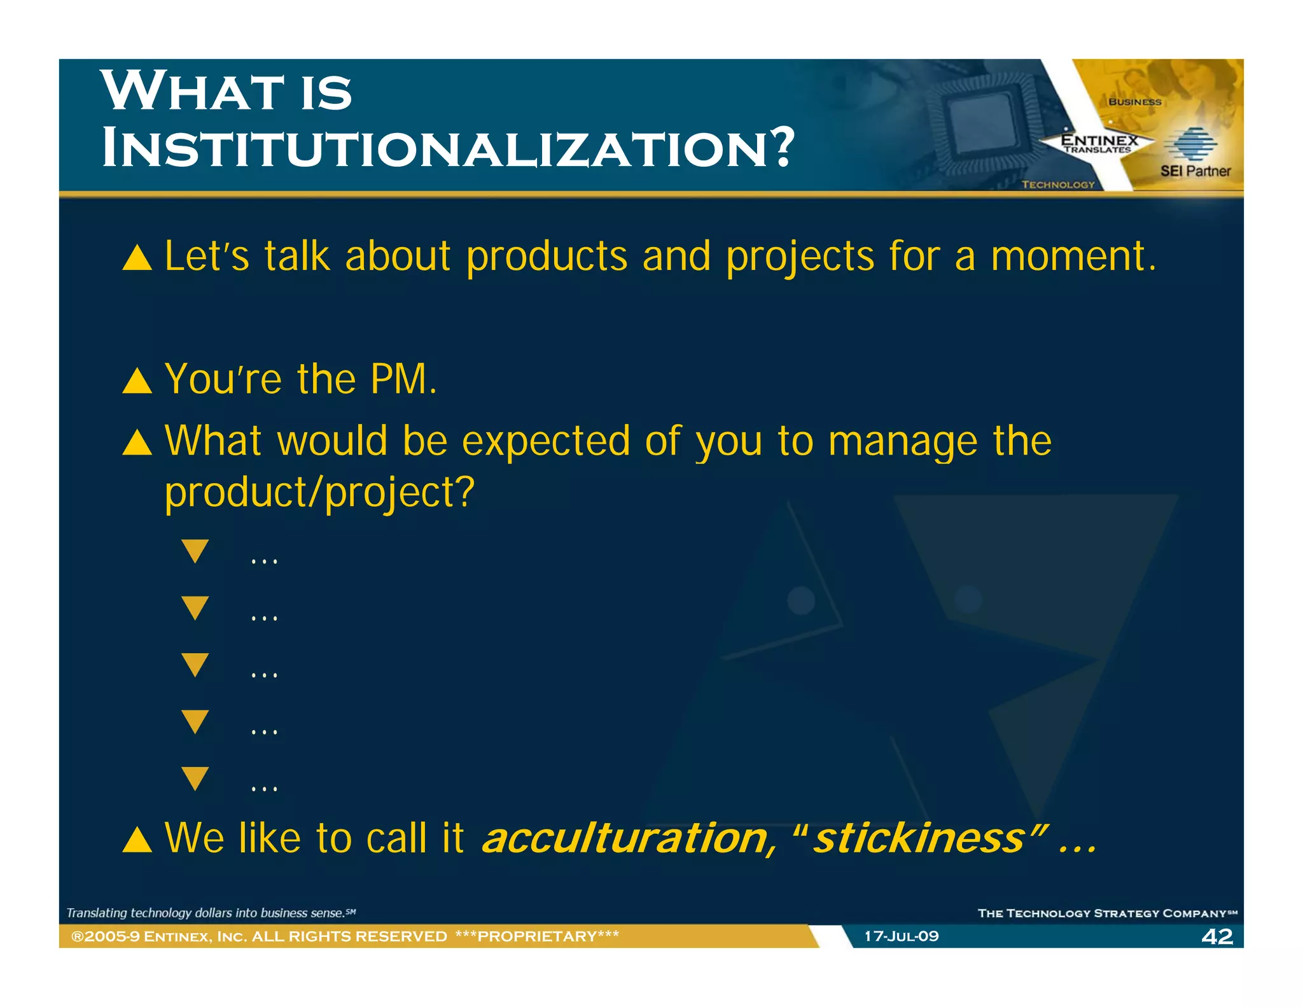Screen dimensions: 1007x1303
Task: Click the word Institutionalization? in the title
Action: pyautogui.click(x=448, y=148)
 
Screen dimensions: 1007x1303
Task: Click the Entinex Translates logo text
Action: pyautogui.click(x=1099, y=143)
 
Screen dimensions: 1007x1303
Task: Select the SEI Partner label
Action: pyautogui.click(x=1195, y=171)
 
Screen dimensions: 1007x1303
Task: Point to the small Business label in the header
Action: pyautogui.click(x=1134, y=102)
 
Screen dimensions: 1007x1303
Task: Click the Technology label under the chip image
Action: pyautogui.click(x=1058, y=185)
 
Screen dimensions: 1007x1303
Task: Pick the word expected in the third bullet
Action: pyautogui.click(x=545, y=442)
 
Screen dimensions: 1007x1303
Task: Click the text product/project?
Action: pyautogui.click(x=319, y=493)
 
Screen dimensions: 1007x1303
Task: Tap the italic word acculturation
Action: pyautogui.click(x=625, y=838)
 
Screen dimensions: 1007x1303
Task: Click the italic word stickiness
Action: pyautogui.click(x=918, y=838)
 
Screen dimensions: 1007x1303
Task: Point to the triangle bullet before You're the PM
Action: pyautogui.click(x=137, y=382)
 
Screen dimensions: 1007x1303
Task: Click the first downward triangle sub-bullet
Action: pyautogui.click(x=195, y=550)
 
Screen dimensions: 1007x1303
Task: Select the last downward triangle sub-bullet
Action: pyautogui.click(x=195, y=777)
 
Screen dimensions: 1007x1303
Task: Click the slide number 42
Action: pyautogui.click(x=1216, y=936)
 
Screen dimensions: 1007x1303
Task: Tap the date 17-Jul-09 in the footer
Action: pyautogui.click(x=901, y=936)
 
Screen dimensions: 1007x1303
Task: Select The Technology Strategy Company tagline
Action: pyautogui.click(x=1106, y=913)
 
